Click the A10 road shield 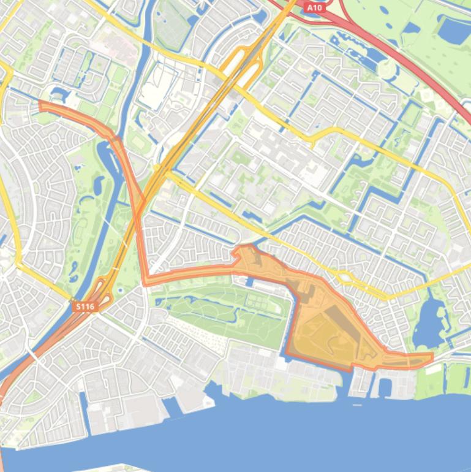[314, 7]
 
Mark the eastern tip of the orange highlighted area [432, 357]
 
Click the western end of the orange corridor [41, 105]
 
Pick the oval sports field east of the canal [140, 143]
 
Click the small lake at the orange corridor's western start [59, 94]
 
